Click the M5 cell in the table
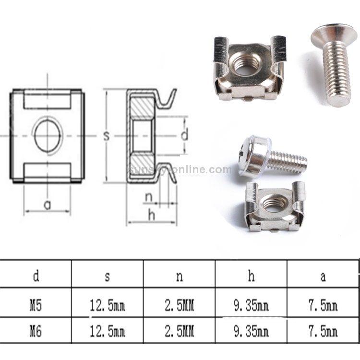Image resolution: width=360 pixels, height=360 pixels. (x=36, y=306)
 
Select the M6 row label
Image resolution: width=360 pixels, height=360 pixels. (x=36, y=331)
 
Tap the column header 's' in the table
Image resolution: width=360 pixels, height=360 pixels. (x=108, y=276)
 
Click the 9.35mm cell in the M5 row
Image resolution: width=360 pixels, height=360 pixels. (x=251, y=306)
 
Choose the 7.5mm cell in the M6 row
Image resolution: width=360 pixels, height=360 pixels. (x=323, y=331)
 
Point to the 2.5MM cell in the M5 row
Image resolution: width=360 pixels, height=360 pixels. (x=180, y=306)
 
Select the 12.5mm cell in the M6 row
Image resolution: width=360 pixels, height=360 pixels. (x=108, y=331)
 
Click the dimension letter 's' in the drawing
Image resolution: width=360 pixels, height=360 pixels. (x=106, y=136)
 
